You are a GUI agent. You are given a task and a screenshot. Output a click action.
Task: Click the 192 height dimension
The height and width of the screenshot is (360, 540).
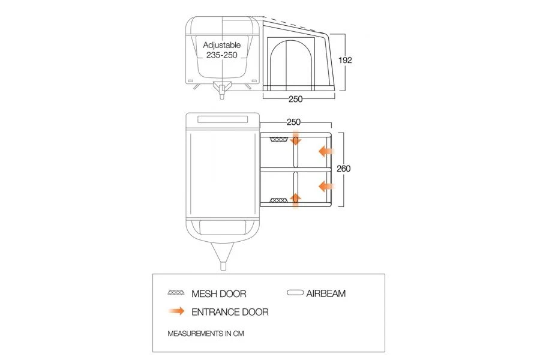coord(344,60)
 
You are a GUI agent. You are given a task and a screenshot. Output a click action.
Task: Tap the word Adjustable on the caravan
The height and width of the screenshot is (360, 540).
coord(221,45)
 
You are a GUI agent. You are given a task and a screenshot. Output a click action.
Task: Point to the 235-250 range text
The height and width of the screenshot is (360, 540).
coord(221,55)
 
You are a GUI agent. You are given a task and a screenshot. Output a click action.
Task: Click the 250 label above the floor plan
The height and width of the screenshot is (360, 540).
coord(293,122)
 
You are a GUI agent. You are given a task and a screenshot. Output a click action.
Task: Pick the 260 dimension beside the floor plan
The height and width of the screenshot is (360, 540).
coord(344,169)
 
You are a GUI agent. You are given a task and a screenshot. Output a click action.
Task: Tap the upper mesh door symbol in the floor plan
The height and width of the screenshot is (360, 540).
coord(278,140)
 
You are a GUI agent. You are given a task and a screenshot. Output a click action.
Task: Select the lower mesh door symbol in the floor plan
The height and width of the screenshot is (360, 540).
coord(278,200)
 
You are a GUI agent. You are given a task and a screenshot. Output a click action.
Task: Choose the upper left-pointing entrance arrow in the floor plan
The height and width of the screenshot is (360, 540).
coord(326,151)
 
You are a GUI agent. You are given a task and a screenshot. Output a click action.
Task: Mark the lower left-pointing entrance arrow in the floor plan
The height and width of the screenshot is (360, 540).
coord(326,185)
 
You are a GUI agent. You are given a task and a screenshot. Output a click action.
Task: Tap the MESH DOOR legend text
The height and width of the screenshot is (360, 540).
coord(218,294)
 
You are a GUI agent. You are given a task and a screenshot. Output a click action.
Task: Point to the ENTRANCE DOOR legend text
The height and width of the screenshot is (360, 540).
coord(230,312)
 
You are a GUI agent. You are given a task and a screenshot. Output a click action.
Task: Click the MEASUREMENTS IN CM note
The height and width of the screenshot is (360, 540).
coord(206,332)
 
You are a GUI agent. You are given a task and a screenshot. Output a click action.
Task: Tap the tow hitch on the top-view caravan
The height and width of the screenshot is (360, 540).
coord(223,263)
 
